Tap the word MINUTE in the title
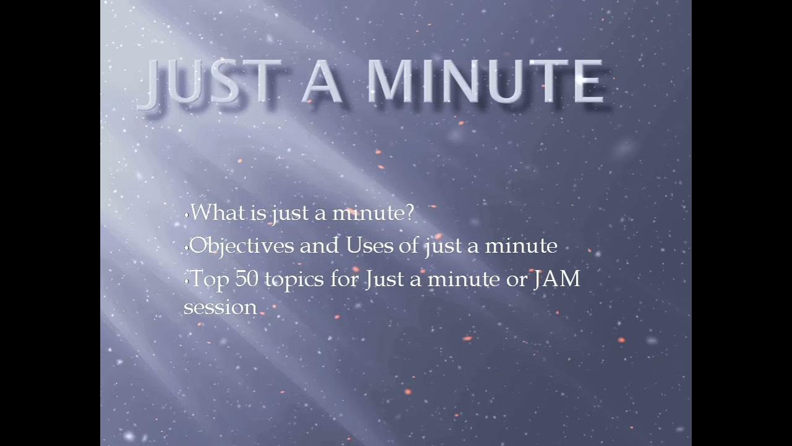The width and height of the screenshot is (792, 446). (x=485, y=82)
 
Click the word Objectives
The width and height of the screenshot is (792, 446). (x=242, y=246)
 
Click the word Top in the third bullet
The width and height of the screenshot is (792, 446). (x=209, y=279)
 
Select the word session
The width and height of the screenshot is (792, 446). (x=220, y=307)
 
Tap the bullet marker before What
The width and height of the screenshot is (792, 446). (x=186, y=215)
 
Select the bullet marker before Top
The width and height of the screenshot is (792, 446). (x=186, y=281)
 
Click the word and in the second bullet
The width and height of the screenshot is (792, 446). (x=320, y=246)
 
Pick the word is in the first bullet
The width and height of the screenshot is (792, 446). (x=258, y=213)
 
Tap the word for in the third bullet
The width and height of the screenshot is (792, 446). (x=344, y=279)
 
